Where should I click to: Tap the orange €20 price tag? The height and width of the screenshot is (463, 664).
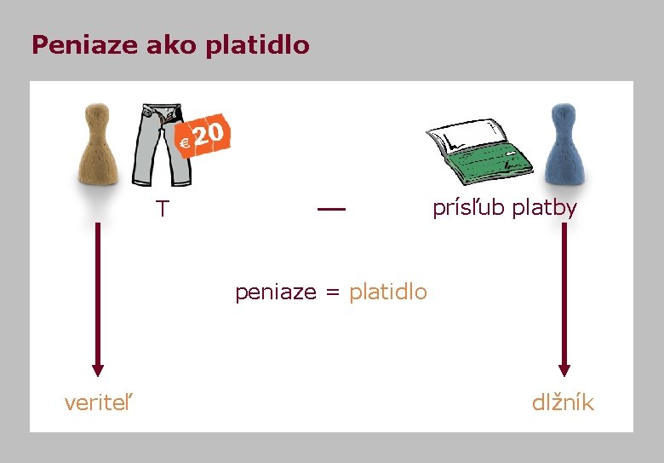[204, 136]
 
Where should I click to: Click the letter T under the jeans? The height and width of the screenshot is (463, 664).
[162, 209]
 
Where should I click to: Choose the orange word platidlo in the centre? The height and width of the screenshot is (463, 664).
[388, 292]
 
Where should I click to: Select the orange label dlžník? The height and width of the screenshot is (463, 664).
[563, 402]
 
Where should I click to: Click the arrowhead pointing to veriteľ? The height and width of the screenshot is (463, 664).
[98, 369]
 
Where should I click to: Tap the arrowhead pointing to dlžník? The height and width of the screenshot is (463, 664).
[564, 369]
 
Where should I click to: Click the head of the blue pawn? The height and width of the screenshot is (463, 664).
[563, 115]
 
